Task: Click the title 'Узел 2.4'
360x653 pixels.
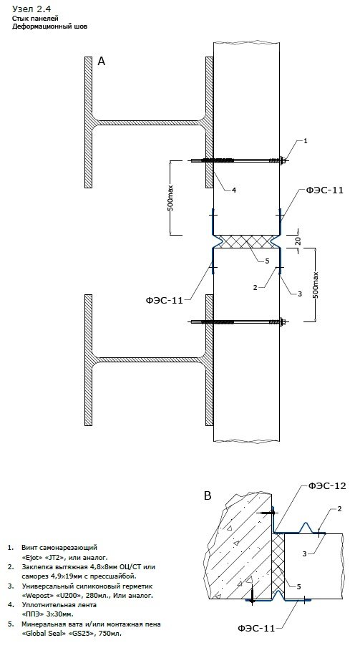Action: coord(32,9)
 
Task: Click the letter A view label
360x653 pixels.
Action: coord(101,62)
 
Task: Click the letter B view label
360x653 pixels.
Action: coord(208,495)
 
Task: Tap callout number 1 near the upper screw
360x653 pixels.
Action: coord(305,141)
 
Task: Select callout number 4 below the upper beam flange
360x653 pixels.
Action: coord(234,190)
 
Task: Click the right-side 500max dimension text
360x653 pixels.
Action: coord(315,284)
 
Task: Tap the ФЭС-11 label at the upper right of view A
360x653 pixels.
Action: coord(325,190)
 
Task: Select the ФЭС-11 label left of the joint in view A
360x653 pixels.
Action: coord(165,300)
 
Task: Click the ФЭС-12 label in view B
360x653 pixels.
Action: coord(327,485)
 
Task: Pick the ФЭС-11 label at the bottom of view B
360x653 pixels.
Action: coord(256,628)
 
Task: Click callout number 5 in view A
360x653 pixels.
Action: coord(267,261)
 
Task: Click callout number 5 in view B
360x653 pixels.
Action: coord(299,587)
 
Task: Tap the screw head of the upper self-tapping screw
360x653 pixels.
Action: coord(285,160)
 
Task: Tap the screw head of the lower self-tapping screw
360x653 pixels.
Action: coord(285,321)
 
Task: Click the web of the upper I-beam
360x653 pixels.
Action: coord(149,122)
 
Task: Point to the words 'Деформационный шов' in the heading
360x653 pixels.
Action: coord(49,26)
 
